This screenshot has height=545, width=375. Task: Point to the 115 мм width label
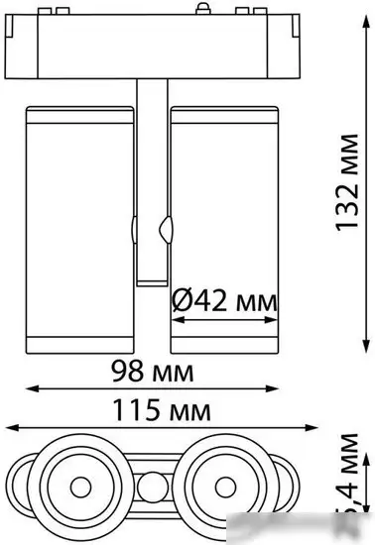coord(153,407)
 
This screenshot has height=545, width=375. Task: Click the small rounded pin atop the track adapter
coord(204,9)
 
